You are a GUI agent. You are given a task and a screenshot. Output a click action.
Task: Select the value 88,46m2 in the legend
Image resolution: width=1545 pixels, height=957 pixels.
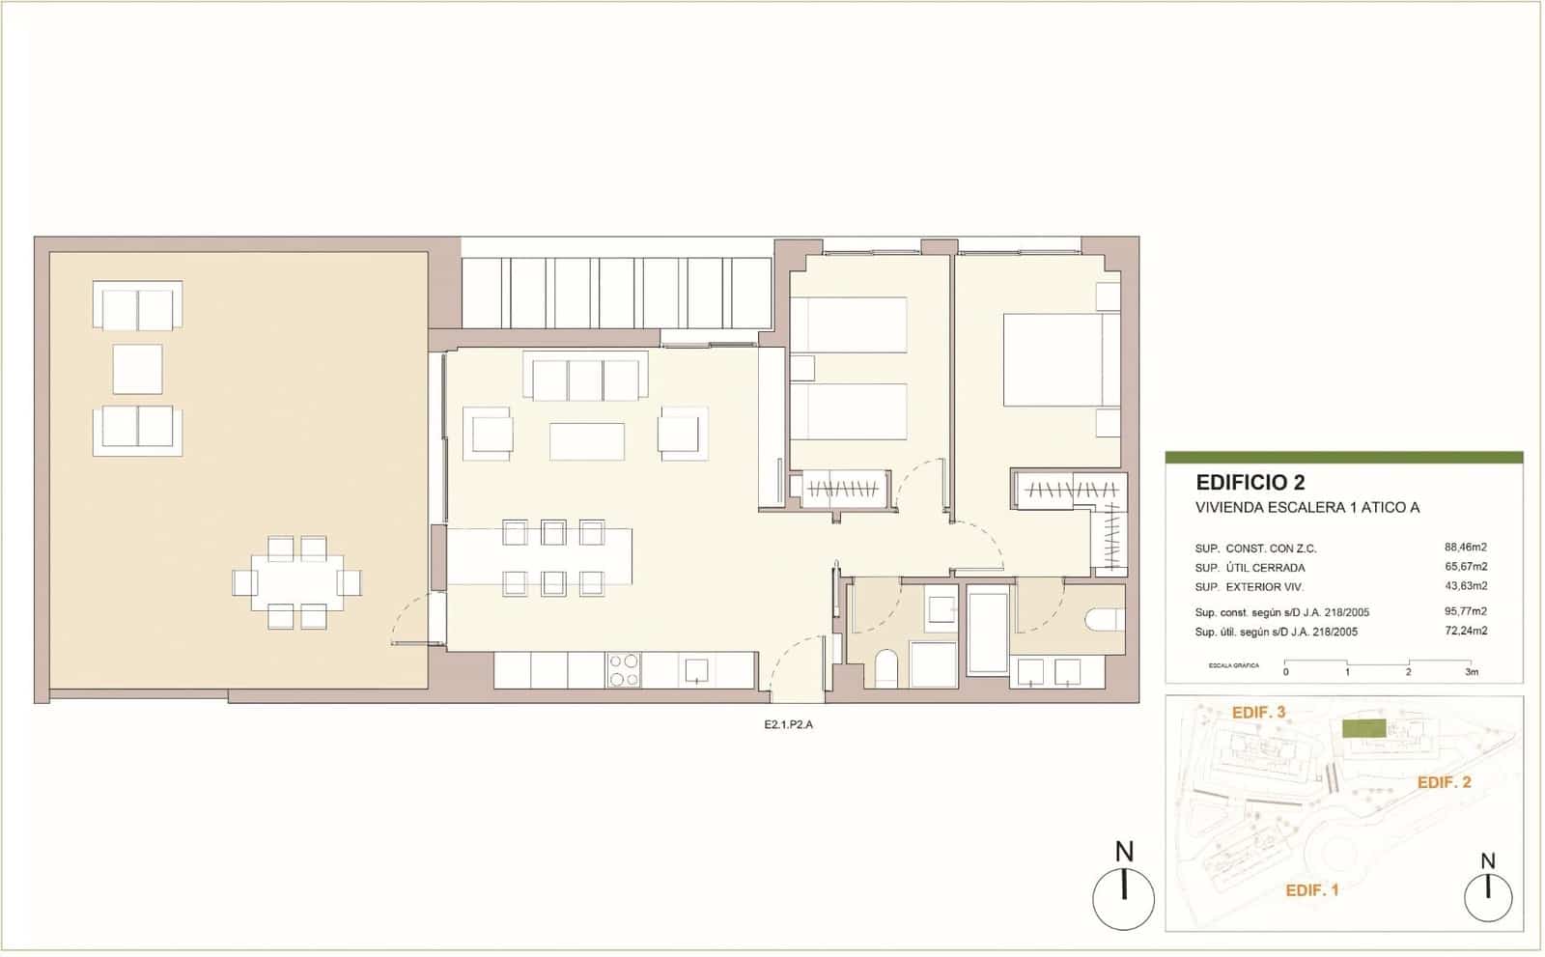coord(1465,548)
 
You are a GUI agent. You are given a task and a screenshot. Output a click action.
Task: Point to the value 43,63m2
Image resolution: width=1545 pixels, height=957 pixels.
coord(1465,585)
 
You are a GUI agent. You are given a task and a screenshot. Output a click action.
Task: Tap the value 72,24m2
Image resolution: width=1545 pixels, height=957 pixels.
coord(1465,631)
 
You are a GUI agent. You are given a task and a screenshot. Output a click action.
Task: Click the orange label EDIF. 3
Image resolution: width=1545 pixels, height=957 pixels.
coord(1258,712)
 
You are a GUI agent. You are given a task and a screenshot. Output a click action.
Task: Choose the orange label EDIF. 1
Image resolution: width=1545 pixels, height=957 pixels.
coord(1311,890)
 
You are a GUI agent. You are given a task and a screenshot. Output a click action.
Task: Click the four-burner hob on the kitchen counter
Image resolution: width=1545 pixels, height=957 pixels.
coord(624,670)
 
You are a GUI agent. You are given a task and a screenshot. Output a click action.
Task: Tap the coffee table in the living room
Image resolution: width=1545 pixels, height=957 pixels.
coord(586,441)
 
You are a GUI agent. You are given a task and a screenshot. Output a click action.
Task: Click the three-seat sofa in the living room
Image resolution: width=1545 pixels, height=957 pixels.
coord(585,377)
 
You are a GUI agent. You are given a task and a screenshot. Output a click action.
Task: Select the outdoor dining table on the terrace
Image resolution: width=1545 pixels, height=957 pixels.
coord(295,582)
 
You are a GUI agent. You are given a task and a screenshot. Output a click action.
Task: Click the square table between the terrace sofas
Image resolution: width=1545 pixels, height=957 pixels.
coord(137,369)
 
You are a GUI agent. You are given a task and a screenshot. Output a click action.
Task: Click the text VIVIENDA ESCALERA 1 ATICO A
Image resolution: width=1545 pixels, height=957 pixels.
coord(1307,508)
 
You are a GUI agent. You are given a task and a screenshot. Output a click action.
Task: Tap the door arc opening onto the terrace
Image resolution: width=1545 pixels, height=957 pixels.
coord(413,618)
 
